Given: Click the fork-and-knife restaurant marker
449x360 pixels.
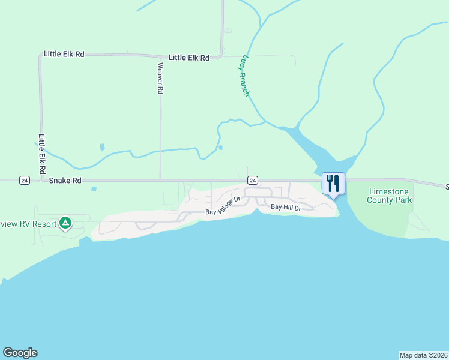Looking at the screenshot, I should tap(333, 183).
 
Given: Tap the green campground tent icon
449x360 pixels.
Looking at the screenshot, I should tap(65, 224).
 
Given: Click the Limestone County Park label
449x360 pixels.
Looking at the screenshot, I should tap(390, 196).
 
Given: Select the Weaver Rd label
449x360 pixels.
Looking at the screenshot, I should tap(160, 78).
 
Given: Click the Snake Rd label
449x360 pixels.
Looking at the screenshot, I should tap(65, 180).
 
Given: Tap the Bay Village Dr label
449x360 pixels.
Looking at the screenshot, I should tap(223, 205).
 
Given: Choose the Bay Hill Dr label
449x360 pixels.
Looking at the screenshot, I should tap(285, 207).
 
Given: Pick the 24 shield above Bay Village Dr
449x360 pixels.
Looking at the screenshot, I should tap(253, 180).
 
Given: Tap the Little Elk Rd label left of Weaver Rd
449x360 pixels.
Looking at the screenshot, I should tap(64, 54).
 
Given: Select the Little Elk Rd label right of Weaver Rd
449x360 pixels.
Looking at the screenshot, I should tap(188, 58).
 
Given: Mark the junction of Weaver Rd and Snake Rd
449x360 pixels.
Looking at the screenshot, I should tap(160, 179).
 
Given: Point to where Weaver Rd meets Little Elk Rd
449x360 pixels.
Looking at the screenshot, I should tap(160, 56).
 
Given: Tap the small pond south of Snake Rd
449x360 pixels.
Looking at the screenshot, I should tap(94, 190).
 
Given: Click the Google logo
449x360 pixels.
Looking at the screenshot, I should tap(20, 353).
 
